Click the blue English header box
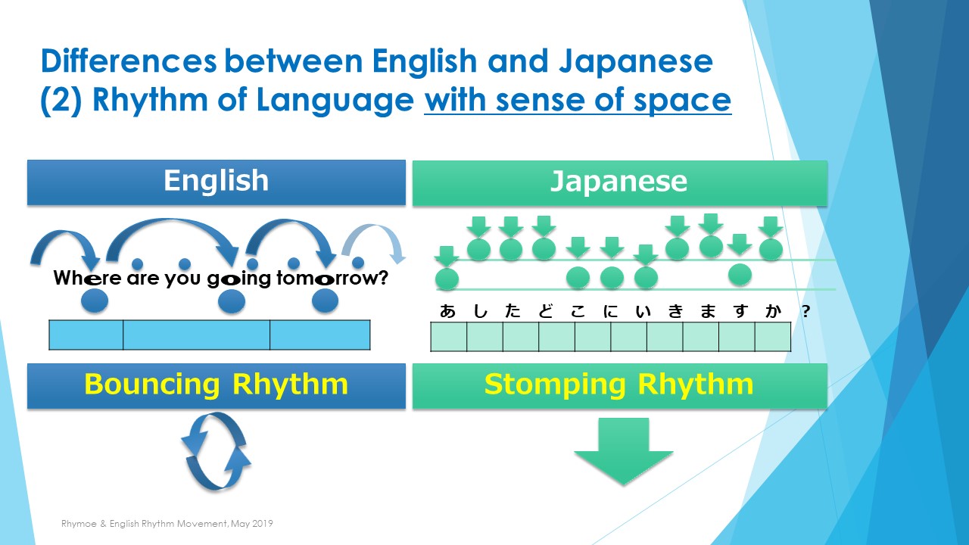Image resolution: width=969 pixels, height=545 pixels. pyautogui.click(x=217, y=182)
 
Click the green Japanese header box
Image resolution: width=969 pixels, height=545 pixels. pyautogui.click(x=620, y=183)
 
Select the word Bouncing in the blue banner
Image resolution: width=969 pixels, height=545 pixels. pyautogui.click(x=152, y=385)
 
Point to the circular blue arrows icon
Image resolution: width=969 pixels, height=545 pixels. pyautogui.click(x=216, y=452)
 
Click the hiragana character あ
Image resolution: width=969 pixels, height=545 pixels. pyautogui.click(x=447, y=311)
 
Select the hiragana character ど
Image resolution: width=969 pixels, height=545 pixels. pyautogui.click(x=546, y=311)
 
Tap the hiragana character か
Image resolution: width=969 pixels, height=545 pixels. pyautogui.click(x=773, y=311)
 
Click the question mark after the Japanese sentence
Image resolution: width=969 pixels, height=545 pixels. pyautogui.click(x=805, y=311)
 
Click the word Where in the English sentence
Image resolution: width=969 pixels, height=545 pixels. pyautogui.click(x=87, y=278)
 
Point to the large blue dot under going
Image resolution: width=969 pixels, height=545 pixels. pyautogui.click(x=232, y=301)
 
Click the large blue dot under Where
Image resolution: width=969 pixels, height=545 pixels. pyautogui.click(x=95, y=301)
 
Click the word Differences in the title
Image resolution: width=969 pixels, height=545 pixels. pyautogui.click(x=129, y=61)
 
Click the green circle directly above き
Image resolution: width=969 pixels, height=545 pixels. pyautogui.click(x=677, y=249)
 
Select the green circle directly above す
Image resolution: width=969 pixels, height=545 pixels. pyautogui.click(x=740, y=274)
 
